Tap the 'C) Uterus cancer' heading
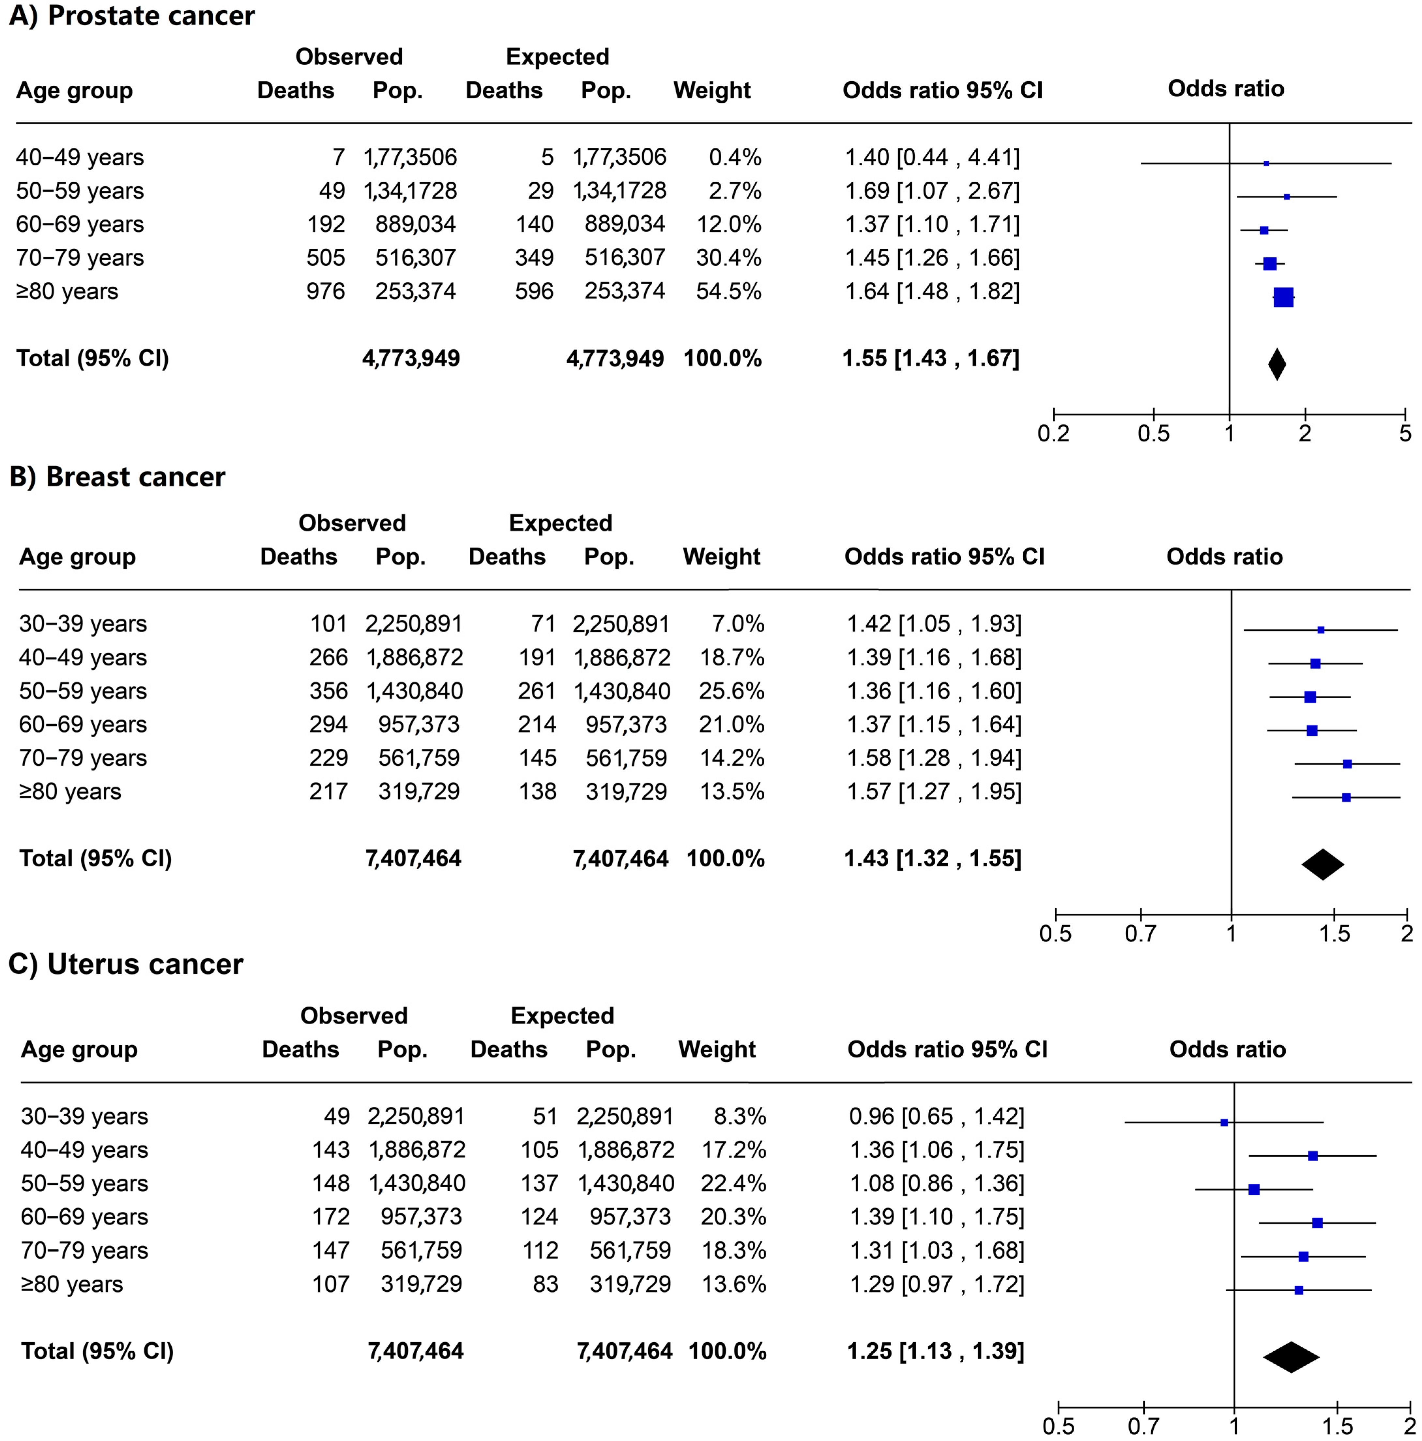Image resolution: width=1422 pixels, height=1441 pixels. pos(125,964)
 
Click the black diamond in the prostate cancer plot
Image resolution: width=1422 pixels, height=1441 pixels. pos(1277,364)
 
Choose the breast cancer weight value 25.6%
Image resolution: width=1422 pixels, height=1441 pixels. pos(731,691)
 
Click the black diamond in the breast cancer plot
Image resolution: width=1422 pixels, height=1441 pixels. pos(1323,864)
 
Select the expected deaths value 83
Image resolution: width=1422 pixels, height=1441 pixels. pos(545,1283)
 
